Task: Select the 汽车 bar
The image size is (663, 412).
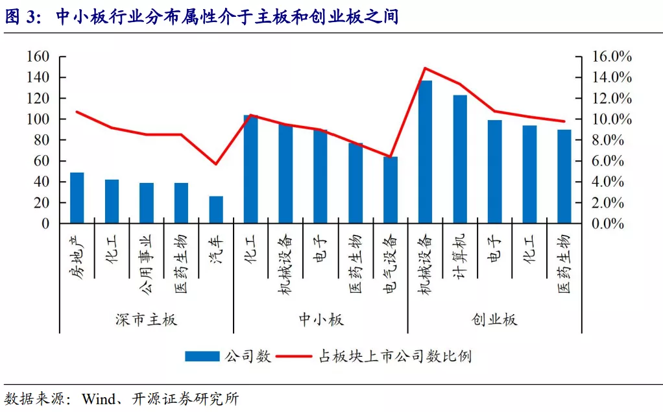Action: pyautogui.click(x=216, y=210)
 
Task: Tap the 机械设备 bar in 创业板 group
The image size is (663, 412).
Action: pyautogui.click(x=425, y=152)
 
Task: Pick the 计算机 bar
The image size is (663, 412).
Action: pyautogui.click(x=460, y=159)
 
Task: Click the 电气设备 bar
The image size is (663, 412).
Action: pyautogui.click(x=391, y=190)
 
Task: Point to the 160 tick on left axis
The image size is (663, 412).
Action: pyautogui.click(x=38, y=56)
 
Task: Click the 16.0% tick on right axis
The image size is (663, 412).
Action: pyautogui.click(x=612, y=56)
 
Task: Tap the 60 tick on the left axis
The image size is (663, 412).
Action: pyautogui.click(x=42, y=161)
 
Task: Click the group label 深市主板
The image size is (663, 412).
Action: pyautogui.click(x=146, y=320)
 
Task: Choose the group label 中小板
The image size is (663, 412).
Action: pyautogui.click(x=320, y=320)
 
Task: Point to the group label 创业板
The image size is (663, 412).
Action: pyautogui.click(x=494, y=320)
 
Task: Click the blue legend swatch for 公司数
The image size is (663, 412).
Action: pyautogui.click(x=203, y=356)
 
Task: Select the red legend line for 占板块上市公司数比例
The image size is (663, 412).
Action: pyautogui.click(x=295, y=356)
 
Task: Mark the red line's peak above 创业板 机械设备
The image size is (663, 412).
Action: pyautogui.click(x=425, y=67)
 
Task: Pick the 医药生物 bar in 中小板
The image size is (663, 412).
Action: pyautogui.click(x=356, y=183)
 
